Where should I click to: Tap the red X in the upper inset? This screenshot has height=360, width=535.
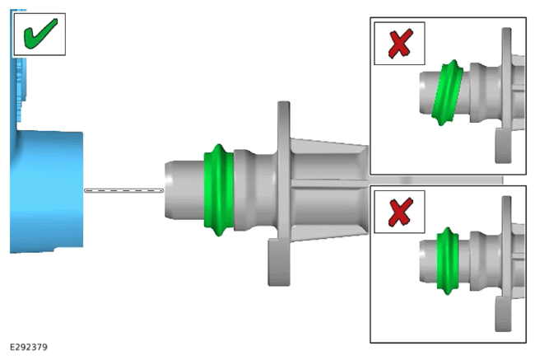pyautogui.click(x=400, y=44)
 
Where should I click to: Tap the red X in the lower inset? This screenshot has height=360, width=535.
pyautogui.click(x=400, y=212)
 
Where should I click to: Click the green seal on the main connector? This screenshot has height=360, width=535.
pyautogui.click(x=218, y=190)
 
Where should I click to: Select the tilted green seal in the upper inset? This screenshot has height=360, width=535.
pyautogui.click(x=447, y=92)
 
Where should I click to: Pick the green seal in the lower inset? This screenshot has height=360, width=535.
pyautogui.click(x=447, y=260)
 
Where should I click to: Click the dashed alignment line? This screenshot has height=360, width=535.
pyautogui.click(x=123, y=190)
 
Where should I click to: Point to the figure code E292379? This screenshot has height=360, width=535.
pyautogui.click(x=29, y=347)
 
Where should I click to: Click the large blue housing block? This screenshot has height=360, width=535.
pyautogui.click(x=47, y=191)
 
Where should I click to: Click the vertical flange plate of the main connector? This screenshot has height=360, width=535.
pyautogui.click(x=284, y=171)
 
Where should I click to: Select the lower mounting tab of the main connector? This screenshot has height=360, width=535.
pyautogui.click(x=279, y=262)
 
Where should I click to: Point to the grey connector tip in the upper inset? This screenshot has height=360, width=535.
pyautogui.click(x=428, y=92)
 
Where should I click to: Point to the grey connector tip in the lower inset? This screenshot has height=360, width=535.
pyautogui.click(x=428, y=260)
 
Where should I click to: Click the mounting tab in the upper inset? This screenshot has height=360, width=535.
pyautogui.click(x=503, y=146)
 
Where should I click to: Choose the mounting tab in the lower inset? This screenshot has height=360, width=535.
pyautogui.click(x=503, y=314)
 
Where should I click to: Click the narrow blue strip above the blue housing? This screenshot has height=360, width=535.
pyautogui.click(x=20, y=68)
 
